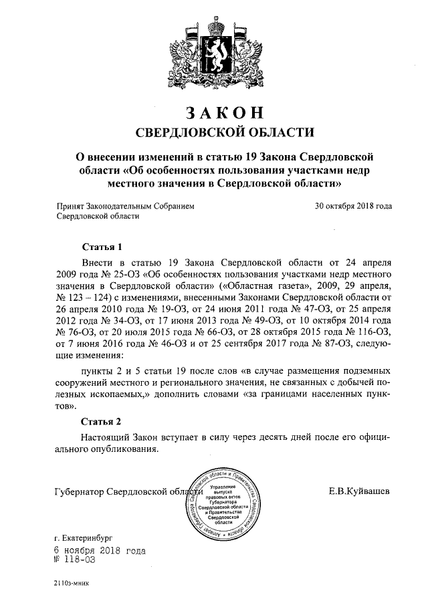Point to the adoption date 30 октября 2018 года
click(x=353, y=207)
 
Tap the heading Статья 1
click(x=101, y=246)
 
